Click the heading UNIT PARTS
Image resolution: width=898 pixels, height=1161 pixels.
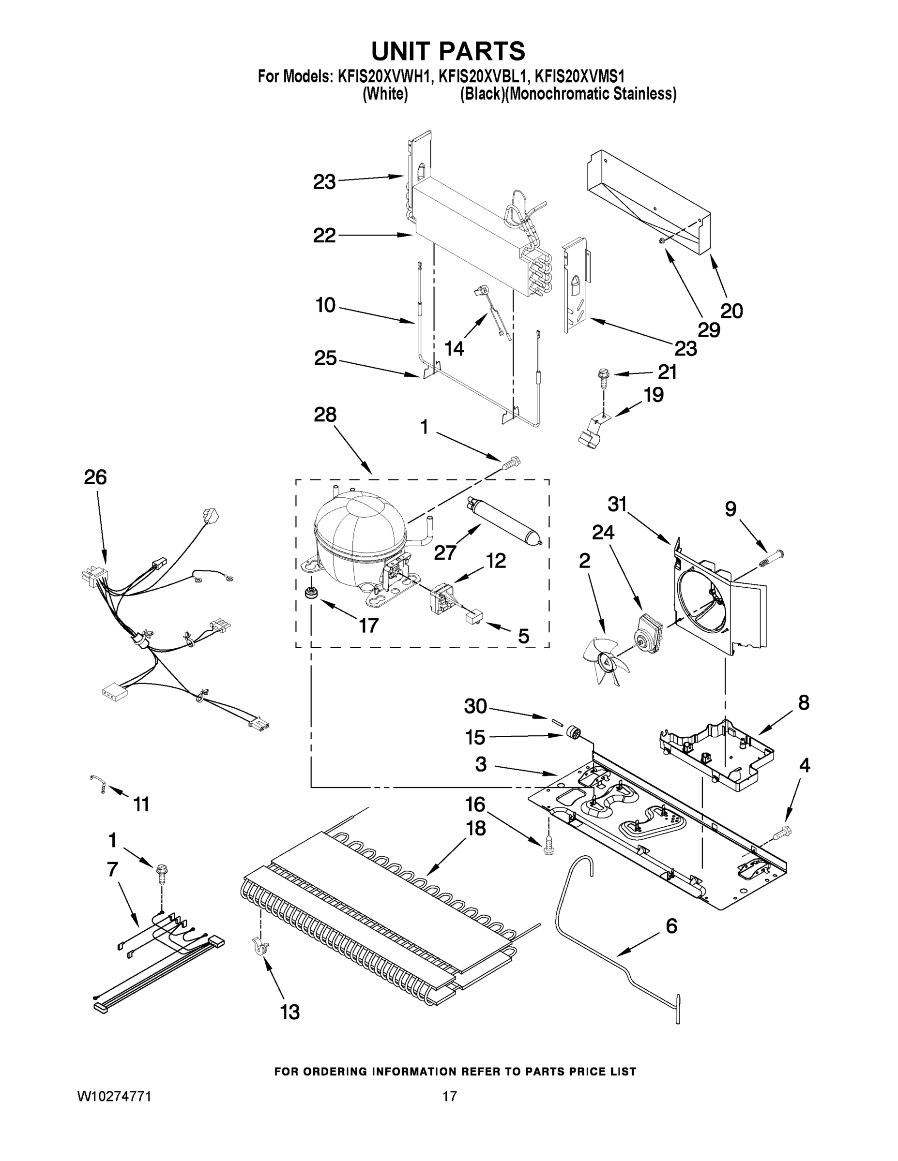pos(448,52)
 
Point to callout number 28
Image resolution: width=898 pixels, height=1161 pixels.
pos(325,415)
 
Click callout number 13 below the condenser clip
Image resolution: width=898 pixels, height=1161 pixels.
pos(290,1012)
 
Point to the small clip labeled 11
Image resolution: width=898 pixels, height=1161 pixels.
pos(99,784)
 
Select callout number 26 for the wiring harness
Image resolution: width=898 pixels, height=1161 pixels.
pos(95,477)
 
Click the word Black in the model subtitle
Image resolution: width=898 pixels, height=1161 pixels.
pos(483,95)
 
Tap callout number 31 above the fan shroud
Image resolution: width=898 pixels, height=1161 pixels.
pos(617,504)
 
